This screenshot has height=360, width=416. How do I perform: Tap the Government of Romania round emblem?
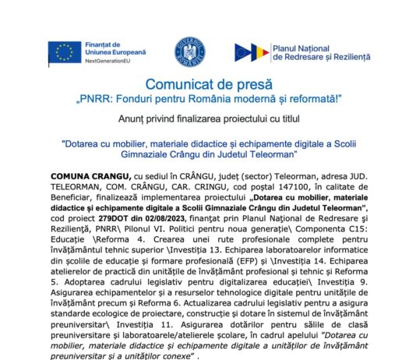[x=190, y=51]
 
